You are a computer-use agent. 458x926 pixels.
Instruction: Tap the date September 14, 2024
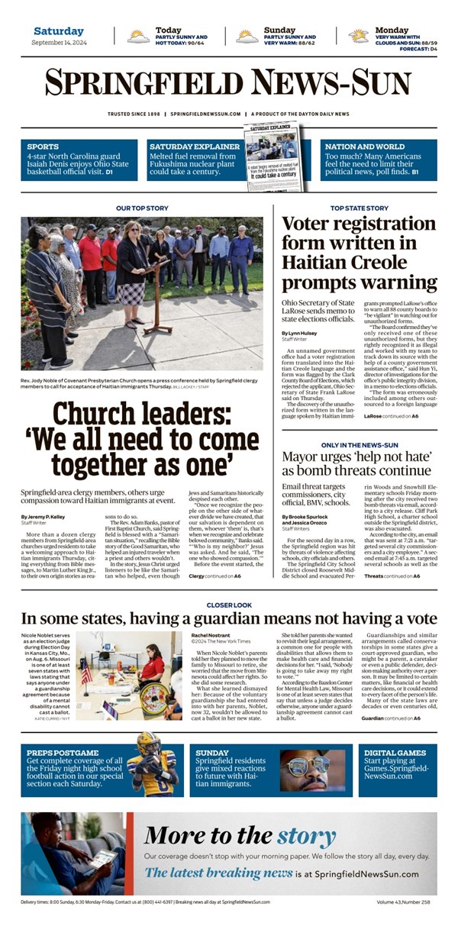(x=58, y=43)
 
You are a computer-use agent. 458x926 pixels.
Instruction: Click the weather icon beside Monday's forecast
(x=358, y=36)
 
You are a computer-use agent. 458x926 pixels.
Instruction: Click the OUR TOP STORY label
(x=142, y=208)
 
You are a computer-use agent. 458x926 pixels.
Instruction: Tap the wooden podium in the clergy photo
(x=158, y=294)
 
